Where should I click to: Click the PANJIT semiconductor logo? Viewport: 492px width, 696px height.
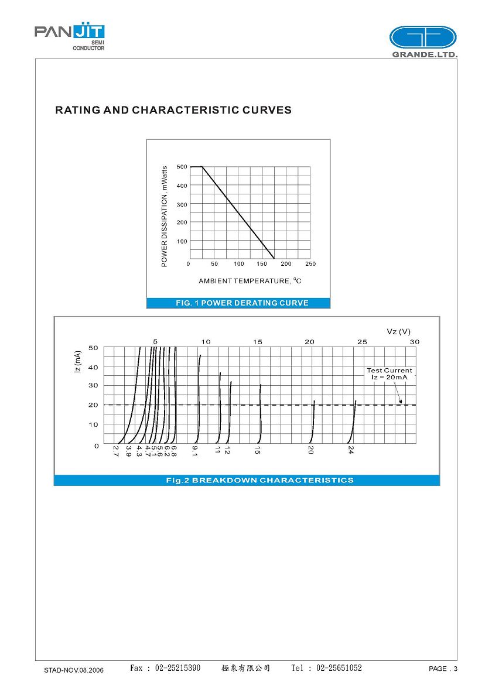pos(70,36)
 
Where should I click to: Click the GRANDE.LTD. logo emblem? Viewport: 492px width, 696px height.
pos(423,37)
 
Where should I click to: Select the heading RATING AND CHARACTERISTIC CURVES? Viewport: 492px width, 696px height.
pos(173,110)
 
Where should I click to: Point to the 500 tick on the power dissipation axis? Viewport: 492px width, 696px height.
pos(182,167)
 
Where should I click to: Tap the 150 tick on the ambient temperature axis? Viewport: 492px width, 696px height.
pos(262,264)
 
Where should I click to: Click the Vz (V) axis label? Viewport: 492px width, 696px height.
pos(398,332)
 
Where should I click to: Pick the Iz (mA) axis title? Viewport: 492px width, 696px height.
pos(78,363)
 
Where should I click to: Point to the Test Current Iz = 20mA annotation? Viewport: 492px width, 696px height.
pos(389,373)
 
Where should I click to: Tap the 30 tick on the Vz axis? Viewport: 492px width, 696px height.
pos(415,342)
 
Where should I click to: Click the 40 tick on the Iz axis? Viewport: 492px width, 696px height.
pos(93,367)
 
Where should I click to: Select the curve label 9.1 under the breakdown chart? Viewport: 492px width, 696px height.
pos(195,450)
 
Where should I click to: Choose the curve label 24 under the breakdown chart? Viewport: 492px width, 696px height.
pos(351,450)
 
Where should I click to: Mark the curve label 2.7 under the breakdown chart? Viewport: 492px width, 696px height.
pos(116,451)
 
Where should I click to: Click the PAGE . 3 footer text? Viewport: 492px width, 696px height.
pos(443,669)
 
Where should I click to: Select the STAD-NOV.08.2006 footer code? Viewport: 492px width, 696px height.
pos(74,670)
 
